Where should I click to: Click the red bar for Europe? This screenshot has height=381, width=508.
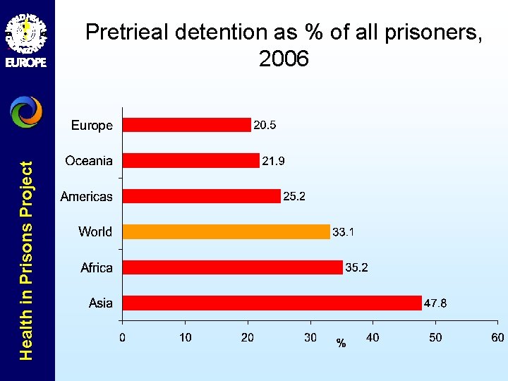tap(187, 125)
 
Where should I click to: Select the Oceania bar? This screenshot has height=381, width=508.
tap(191, 161)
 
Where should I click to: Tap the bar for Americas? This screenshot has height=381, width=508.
tap(202, 196)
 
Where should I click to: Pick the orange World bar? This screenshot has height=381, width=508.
tap(226, 231)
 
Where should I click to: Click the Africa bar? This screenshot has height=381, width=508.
tap(233, 267)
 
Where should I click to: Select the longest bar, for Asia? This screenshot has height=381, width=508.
tap(272, 303)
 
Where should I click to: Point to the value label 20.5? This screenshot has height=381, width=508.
tap(265, 126)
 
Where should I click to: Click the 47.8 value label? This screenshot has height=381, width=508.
tap(435, 303)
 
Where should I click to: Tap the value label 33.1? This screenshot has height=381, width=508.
tap(344, 232)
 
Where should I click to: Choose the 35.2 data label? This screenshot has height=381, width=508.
tap(356, 268)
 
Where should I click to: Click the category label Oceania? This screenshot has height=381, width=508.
tap(89, 161)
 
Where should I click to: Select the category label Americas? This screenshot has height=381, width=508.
tap(86, 196)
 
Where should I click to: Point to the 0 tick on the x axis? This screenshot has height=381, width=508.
tap(123, 338)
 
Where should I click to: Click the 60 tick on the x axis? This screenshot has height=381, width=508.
tap(498, 338)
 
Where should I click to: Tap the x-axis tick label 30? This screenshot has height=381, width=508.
tap(310, 338)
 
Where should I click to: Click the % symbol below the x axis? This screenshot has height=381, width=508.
tap(341, 344)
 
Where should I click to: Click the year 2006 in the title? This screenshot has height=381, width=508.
tap(284, 59)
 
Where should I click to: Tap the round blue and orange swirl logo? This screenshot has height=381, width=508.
tap(27, 111)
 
